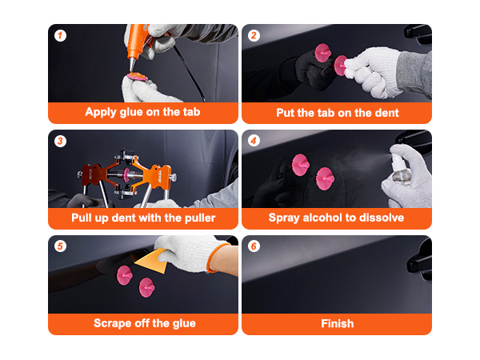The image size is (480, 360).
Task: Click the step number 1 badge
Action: coord(60,36)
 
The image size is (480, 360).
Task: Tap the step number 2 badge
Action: coord(254,36)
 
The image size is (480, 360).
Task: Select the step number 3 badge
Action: coord(60,142)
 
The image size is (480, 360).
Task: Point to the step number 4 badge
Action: coord(254,142)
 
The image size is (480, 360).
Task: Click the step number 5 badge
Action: coord(60,246)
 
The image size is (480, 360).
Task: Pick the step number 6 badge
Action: coord(254,246)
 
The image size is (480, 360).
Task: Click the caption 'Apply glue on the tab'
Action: coord(142,112)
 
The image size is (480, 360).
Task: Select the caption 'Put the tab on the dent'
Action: coord(336,112)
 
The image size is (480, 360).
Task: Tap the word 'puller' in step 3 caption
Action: coord(197,218)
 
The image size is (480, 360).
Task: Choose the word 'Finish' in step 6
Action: coord(336,323)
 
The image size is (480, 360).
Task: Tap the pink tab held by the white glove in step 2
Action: coord(341,64)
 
